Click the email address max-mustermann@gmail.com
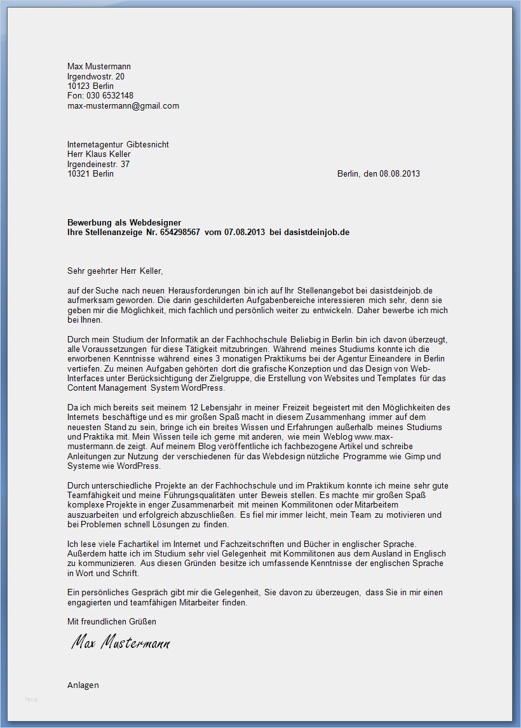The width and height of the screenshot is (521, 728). pos(123,106)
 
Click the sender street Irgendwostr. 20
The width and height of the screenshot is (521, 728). pos(96,76)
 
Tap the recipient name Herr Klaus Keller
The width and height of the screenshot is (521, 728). pos(99,154)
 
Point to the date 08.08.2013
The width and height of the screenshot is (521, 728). pos(400,174)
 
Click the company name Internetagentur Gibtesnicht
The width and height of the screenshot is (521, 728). pos(118,145)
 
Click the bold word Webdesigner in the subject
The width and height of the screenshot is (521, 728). pos(156,222)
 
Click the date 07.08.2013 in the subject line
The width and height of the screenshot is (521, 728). pos(245,233)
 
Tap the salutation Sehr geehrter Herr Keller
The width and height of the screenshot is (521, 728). pos(115,271)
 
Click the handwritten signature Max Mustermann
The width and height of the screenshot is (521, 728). pos(121,644)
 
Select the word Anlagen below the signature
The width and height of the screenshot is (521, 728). pos(83,685)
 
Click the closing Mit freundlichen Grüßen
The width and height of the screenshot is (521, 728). pos(112,621)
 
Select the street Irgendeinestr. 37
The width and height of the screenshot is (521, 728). pos(98,164)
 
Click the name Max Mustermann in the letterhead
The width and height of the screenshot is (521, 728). pos(99,67)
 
